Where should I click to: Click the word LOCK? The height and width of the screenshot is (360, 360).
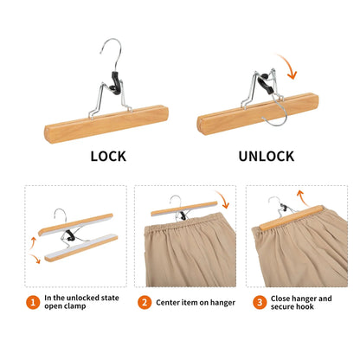(109, 157)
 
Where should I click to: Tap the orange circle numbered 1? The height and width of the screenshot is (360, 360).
(32, 303)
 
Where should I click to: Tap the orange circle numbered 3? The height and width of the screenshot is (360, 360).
(259, 303)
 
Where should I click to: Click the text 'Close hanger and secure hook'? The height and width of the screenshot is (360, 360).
(303, 303)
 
